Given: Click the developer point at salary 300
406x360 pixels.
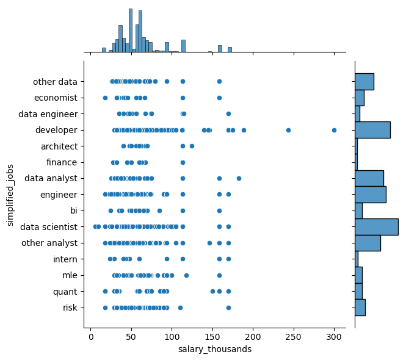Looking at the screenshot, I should tap(334, 130).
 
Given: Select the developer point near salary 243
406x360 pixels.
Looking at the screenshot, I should tap(288, 130).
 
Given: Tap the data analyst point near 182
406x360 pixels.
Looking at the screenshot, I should tap(239, 178).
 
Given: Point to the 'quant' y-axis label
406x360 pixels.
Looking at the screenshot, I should tap(65, 292).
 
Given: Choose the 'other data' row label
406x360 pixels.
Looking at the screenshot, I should tap(56, 82).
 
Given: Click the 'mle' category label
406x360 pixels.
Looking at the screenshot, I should tap(70, 275).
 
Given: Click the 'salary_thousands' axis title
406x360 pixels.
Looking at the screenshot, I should tap(214, 350).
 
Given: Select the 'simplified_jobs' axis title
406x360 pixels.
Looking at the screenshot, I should tap(10, 195).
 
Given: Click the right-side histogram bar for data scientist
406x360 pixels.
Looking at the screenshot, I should tap(376, 227).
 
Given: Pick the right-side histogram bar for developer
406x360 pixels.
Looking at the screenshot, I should tap(372, 130).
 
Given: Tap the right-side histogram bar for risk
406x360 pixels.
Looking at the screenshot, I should tap(360, 308).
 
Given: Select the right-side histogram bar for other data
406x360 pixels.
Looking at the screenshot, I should tap(364, 82).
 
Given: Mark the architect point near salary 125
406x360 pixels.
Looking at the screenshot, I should tap(192, 146).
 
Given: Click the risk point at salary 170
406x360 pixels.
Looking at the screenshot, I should tap(228, 308).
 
